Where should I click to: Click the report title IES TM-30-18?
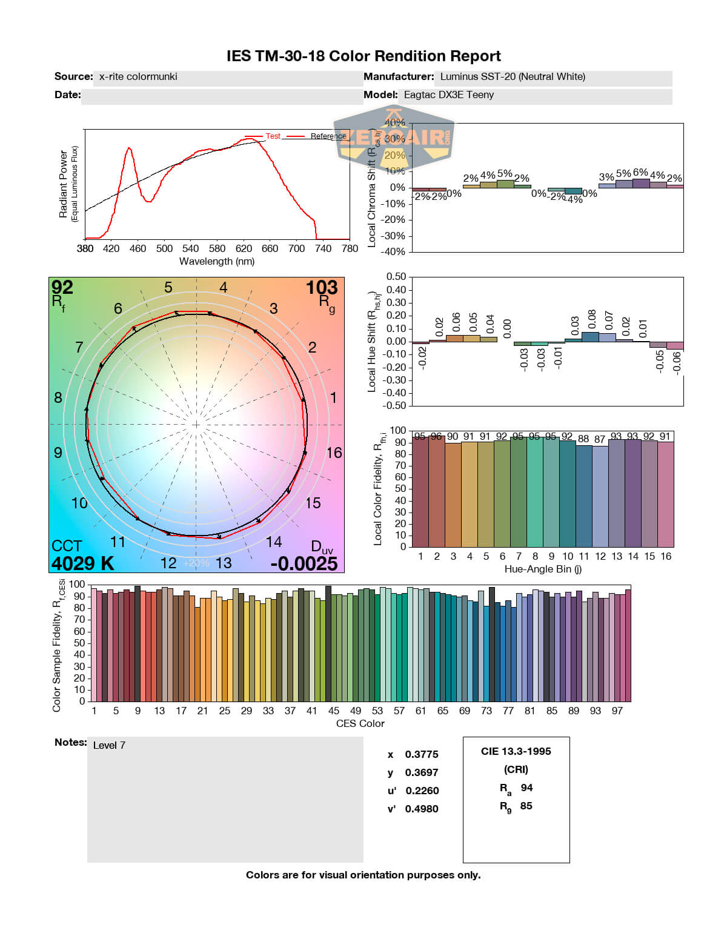363,56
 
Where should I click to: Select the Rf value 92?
62,287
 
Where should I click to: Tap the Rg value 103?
321,287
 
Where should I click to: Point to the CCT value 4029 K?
82,563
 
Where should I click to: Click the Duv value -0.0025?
304,563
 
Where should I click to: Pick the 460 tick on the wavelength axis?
138,248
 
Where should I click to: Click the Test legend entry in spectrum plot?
273,136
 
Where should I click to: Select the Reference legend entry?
328,136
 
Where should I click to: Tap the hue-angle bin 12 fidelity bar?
600,497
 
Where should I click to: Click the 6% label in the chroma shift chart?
640,173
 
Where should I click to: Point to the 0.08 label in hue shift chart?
592,319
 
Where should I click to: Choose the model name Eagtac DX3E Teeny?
449,95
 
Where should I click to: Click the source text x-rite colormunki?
138,76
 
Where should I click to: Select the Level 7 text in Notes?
109,745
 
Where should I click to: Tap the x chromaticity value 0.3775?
422,754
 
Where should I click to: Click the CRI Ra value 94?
526,788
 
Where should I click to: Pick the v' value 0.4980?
422,809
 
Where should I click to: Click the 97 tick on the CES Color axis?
617,711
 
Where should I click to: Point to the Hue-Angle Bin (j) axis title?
543,569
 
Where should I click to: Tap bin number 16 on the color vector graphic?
334,453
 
